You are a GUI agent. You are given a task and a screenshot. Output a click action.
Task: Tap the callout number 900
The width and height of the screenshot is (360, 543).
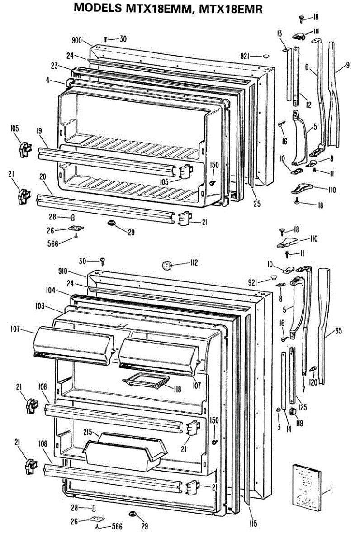tap(76, 41)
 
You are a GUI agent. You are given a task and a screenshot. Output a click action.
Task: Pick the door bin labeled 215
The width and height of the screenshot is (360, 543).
tap(123, 450)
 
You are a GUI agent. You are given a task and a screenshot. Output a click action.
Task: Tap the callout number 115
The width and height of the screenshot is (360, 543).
tap(253, 524)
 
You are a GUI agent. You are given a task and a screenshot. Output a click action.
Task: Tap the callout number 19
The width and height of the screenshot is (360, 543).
tap(39, 131)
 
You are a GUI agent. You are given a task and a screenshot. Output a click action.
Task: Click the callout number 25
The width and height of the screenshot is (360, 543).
tap(257, 204)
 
